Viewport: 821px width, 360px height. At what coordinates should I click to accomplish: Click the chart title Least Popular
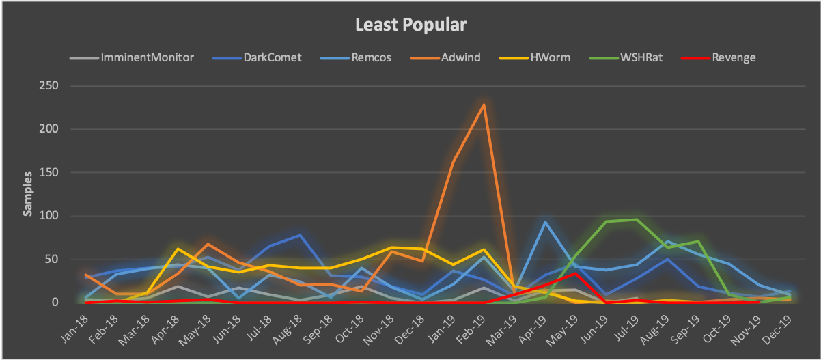click(410, 25)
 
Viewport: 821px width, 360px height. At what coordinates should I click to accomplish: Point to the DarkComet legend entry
click(272, 57)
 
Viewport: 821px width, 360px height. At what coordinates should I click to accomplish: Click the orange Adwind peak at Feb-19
click(484, 105)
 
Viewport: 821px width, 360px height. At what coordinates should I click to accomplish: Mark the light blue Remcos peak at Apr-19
click(545, 222)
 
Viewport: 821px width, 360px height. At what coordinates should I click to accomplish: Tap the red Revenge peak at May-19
click(576, 273)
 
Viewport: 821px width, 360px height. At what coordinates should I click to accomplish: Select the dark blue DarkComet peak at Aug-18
click(300, 235)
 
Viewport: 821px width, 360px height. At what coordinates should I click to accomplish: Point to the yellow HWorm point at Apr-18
click(178, 249)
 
